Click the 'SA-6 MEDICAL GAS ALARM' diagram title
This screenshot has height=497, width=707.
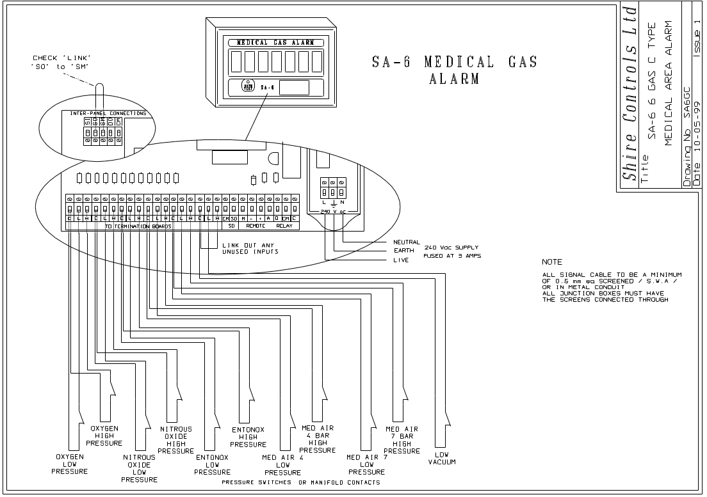(x=454, y=70)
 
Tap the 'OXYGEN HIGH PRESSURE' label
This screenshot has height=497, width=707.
(x=104, y=436)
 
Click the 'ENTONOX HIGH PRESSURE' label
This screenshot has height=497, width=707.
(x=248, y=438)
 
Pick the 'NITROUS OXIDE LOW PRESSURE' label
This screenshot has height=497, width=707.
(x=139, y=468)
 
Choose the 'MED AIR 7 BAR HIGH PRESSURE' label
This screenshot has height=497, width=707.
(x=402, y=439)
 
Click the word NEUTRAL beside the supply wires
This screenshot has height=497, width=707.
(x=407, y=243)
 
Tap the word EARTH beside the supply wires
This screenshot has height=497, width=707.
(x=403, y=251)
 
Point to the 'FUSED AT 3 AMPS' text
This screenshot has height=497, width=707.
(x=452, y=256)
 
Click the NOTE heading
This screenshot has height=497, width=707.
(x=551, y=262)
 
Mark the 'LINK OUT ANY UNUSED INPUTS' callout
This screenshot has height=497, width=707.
(x=250, y=249)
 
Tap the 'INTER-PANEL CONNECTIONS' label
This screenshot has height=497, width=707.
(x=108, y=113)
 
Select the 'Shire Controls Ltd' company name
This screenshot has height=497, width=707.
(x=631, y=93)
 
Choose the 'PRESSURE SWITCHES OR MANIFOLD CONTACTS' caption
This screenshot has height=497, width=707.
(x=300, y=482)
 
